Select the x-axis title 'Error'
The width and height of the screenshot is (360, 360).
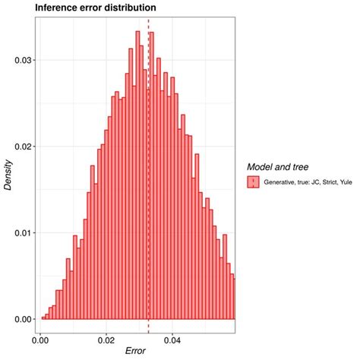point(136,352)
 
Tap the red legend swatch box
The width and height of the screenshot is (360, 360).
point(253,182)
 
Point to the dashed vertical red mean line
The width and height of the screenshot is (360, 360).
point(148,228)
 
